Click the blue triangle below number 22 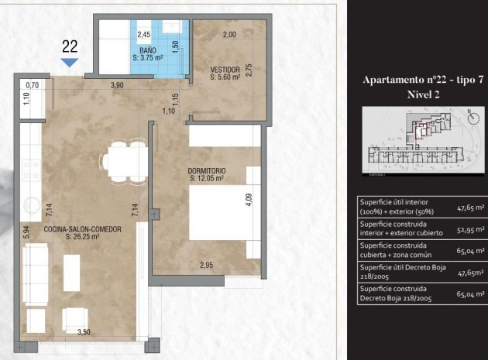pyautogui.click(x=69, y=62)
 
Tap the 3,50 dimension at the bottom pyautogui.click(x=83, y=332)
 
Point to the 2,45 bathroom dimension pyautogui.click(x=144, y=35)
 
